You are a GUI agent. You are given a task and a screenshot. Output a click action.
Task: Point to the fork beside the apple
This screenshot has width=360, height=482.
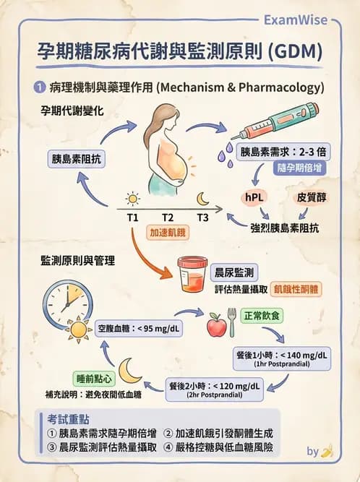[x=232, y=322]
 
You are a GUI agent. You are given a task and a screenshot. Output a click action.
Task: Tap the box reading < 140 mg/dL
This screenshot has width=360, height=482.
[x=283, y=356]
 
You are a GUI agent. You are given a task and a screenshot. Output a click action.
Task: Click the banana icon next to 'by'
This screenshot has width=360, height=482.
[x=327, y=451]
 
